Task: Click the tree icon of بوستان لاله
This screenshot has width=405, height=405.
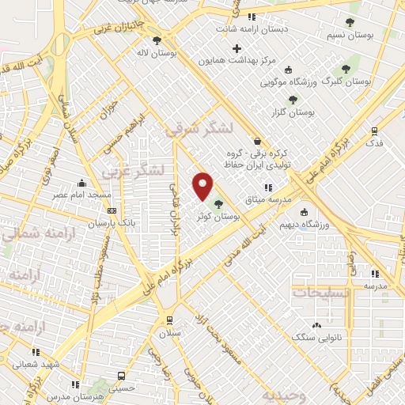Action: coord(157,40)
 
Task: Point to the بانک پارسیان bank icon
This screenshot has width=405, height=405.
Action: coord(112,210)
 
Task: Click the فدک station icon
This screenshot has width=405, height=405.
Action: coord(374,131)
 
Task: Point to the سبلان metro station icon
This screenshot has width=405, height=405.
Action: coord(168,320)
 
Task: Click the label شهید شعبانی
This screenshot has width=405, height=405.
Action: coord(34,365)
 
